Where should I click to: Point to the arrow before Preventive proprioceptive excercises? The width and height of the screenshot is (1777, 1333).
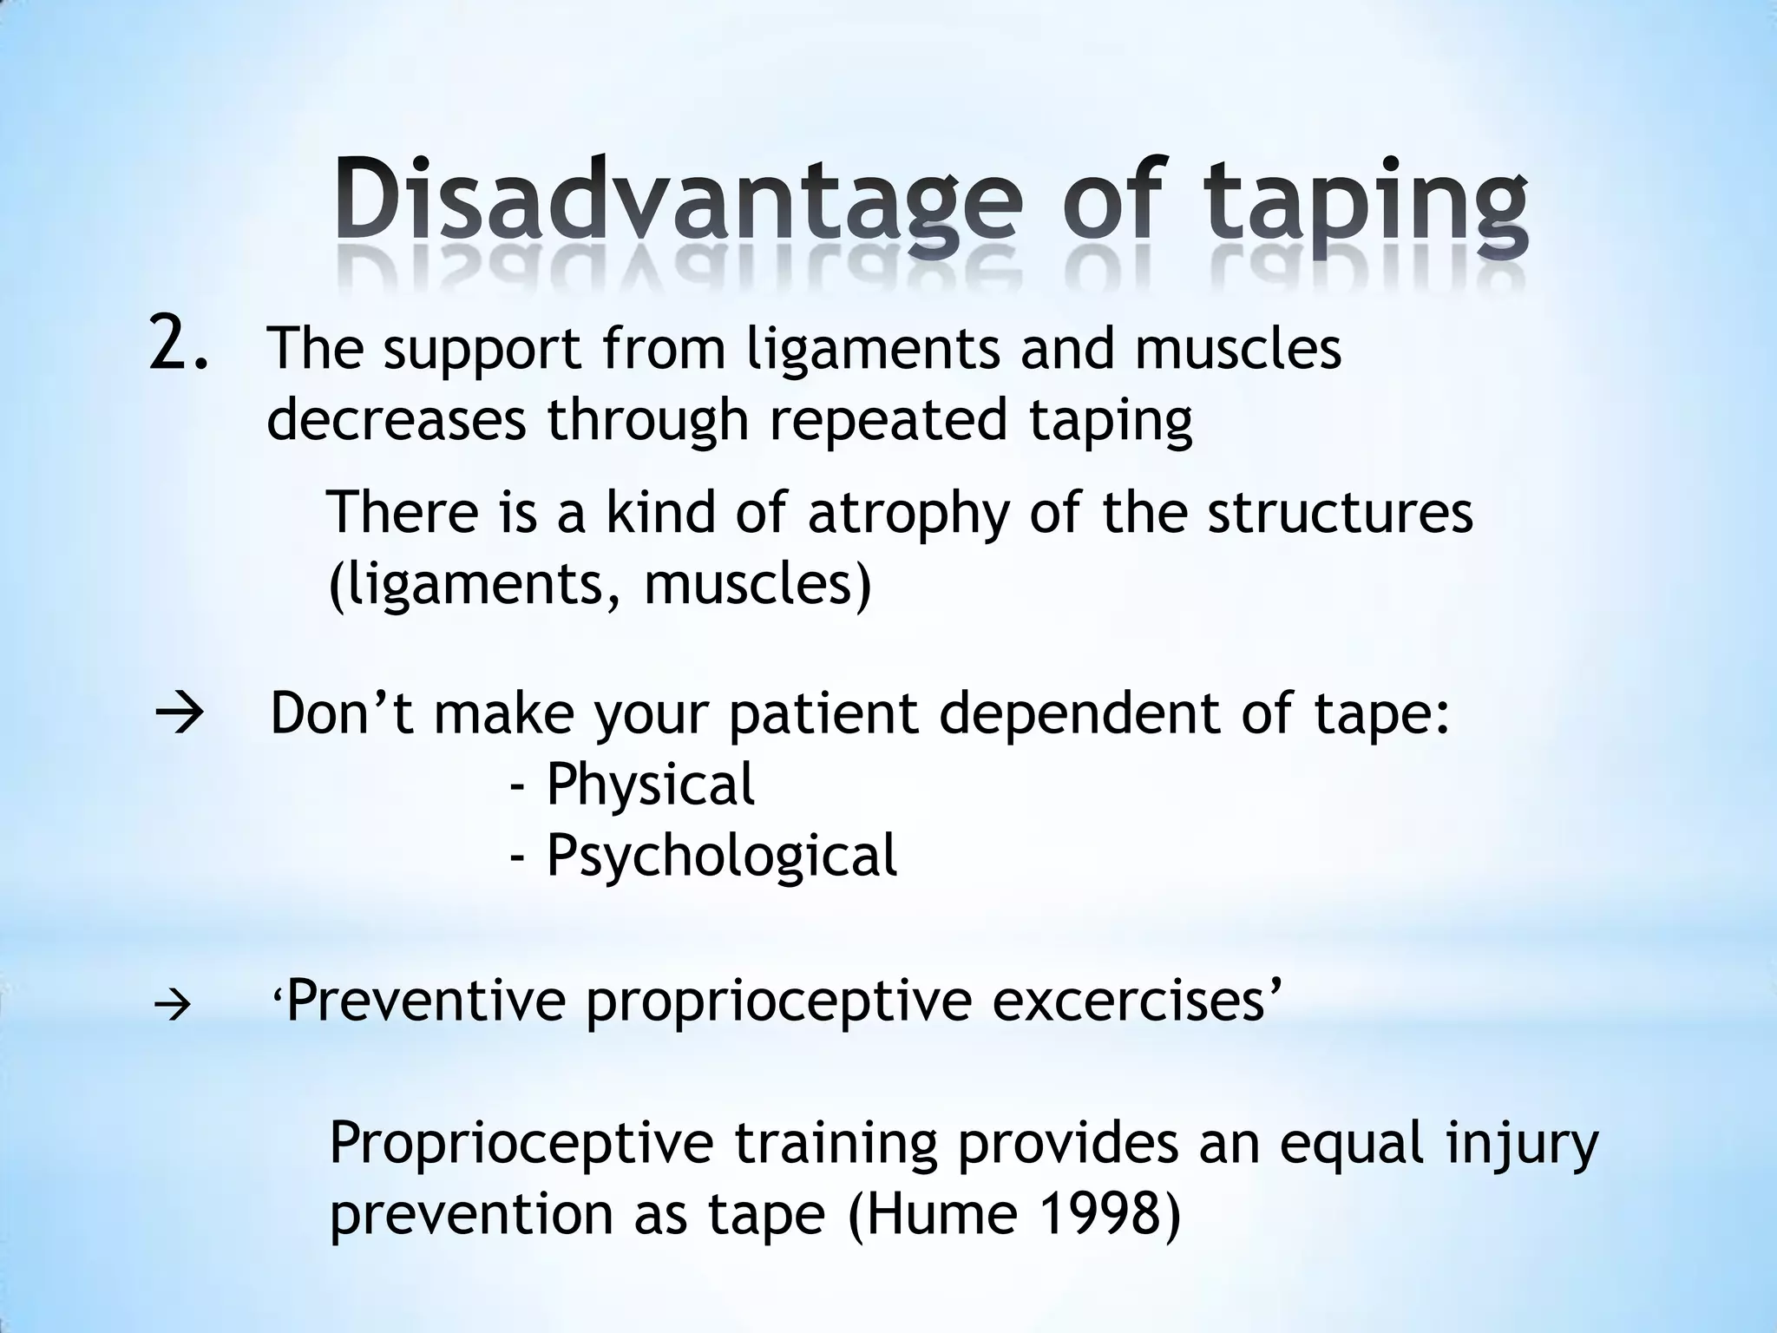click(173, 1007)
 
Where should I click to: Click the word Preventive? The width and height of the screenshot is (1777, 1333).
click(426, 1001)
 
